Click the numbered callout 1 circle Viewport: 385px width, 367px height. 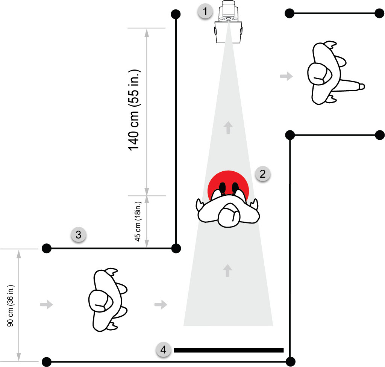coord(205,11)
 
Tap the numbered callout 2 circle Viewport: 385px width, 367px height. coord(262,174)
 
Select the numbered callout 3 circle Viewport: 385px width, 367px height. coord(78,235)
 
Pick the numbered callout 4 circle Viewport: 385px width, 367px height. coord(163,350)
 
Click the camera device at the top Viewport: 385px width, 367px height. coord(228,22)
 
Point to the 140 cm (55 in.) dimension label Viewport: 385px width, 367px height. coord(134,110)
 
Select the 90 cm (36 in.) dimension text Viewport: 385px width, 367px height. coord(10,306)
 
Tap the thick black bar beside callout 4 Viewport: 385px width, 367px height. coord(229,350)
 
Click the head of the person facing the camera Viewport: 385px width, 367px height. coord(229,215)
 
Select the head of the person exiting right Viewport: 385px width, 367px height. coord(320,74)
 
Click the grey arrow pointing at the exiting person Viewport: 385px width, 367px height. coord(286,76)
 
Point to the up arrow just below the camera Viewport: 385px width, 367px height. coord(228,128)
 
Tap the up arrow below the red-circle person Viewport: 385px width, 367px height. coord(227,271)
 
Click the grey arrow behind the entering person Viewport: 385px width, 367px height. coord(46,304)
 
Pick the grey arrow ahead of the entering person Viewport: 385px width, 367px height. coord(161,304)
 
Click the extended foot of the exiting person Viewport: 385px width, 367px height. coord(362,86)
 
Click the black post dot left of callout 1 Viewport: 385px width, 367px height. coord(176,14)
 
